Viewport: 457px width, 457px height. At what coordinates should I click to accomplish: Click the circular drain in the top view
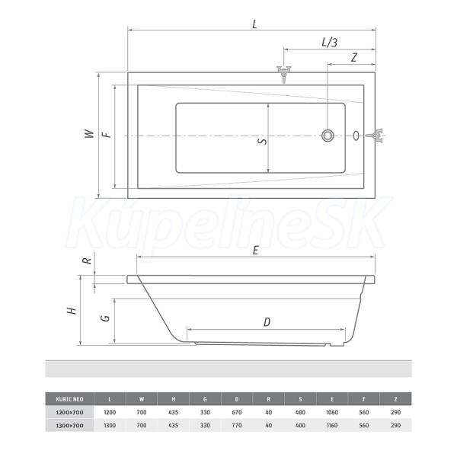(x=328, y=136)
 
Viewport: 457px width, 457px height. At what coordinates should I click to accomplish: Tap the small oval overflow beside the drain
(x=356, y=136)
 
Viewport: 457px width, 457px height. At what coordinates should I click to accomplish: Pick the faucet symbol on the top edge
(x=284, y=74)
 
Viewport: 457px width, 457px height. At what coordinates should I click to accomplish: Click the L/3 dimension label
(x=329, y=43)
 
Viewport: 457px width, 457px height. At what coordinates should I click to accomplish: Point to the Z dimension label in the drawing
(x=354, y=58)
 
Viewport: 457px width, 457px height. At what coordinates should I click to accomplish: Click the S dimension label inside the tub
(x=263, y=142)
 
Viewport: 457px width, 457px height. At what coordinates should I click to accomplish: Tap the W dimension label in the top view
(x=89, y=134)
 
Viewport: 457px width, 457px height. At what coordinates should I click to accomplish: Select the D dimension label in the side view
(x=267, y=322)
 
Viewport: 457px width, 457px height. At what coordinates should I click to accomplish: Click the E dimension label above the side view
(x=256, y=251)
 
